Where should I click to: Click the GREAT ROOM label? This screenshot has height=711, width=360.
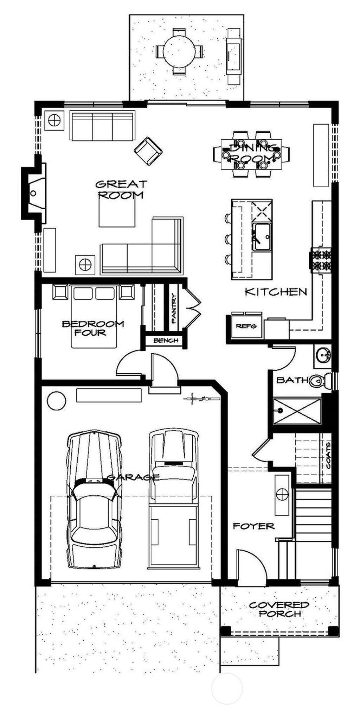(x=121, y=189)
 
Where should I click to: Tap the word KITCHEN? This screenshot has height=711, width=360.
(x=276, y=292)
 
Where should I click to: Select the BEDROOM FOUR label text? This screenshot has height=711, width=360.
(x=93, y=328)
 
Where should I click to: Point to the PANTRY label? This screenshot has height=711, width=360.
(x=174, y=309)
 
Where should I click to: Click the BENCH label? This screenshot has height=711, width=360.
(x=166, y=341)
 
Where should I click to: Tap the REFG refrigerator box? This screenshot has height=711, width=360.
(x=246, y=326)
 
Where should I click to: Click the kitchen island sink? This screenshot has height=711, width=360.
(x=262, y=237)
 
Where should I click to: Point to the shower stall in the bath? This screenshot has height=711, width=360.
(x=297, y=411)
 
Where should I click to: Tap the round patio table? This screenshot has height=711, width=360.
(x=179, y=51)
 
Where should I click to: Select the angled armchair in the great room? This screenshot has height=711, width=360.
(x=148, y=151)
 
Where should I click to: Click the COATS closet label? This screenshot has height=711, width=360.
(x=328, y=455)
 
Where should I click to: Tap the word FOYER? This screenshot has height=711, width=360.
(x=253, y=527)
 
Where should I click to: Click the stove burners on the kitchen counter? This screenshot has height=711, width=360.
(x=321, y=260)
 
